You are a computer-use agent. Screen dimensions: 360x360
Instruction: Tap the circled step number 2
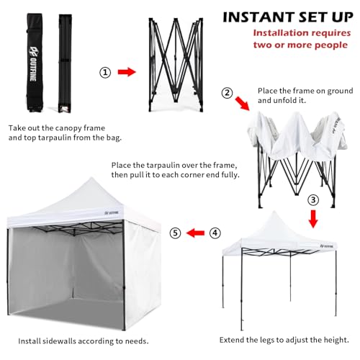(228, 92)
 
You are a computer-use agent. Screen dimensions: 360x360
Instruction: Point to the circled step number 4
(215, 233)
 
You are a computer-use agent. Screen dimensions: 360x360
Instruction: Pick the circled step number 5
(174, 233)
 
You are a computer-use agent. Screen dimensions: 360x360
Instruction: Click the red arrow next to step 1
(127, 72)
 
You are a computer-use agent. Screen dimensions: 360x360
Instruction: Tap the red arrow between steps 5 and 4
(194, 233)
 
